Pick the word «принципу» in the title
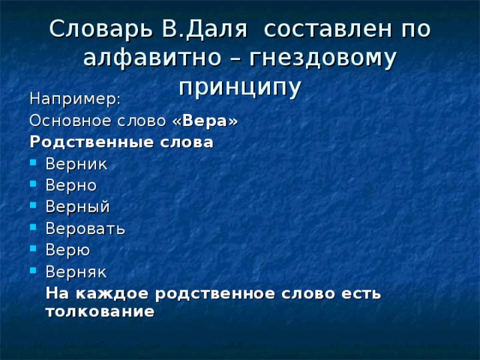click(240, 86)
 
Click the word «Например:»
click(74, 98)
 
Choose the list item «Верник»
click(76, 163)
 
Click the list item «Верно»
click(70, 185)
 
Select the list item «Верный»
click(77, 207)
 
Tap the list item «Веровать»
click(85, 229)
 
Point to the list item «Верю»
click(67, 250)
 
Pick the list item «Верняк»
click(76, 272)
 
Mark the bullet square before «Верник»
click(34, 163)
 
